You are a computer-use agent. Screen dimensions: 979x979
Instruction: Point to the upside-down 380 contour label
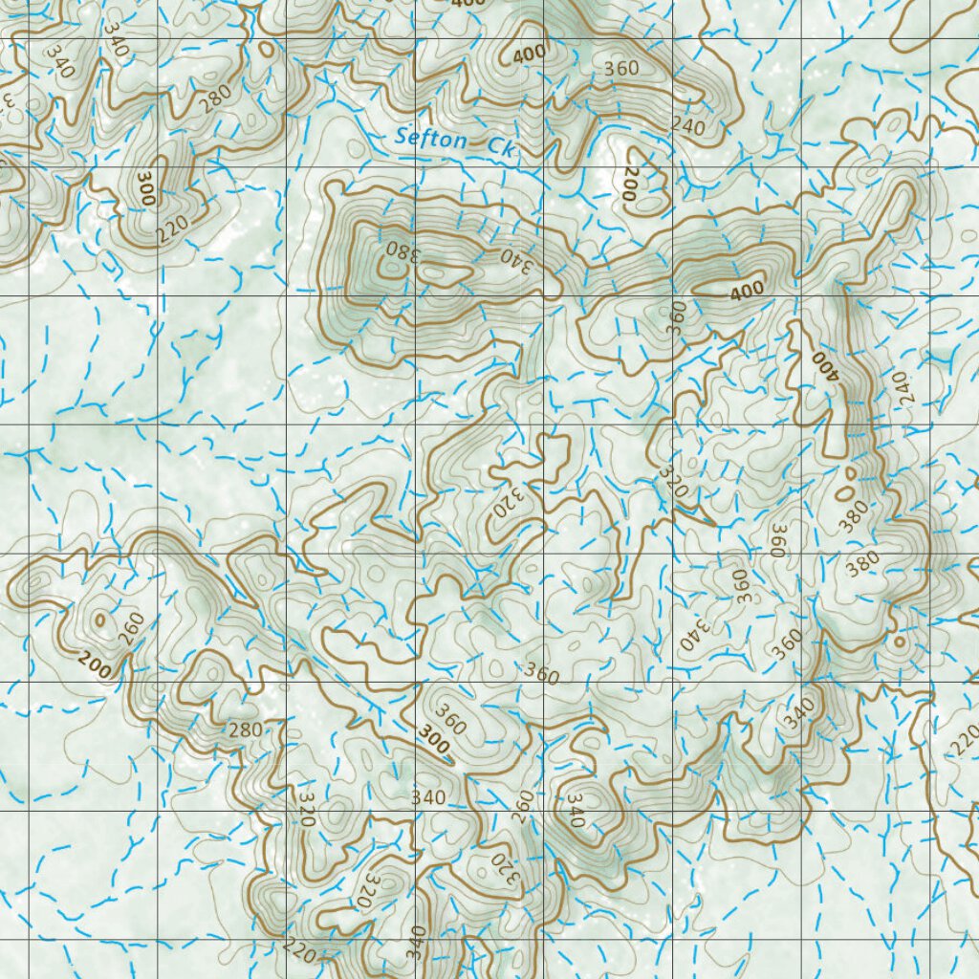[x=402, y=253]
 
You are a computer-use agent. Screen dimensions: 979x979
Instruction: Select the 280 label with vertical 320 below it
[x=245, y=730]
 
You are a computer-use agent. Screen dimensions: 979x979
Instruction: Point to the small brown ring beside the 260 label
[x=99, y=620]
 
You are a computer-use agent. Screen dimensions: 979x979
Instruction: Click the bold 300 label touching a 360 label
[x=434, y=743]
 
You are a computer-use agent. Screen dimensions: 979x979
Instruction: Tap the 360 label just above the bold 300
[x=450, y=719]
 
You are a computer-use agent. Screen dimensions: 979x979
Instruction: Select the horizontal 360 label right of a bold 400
[x=621, y=69]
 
